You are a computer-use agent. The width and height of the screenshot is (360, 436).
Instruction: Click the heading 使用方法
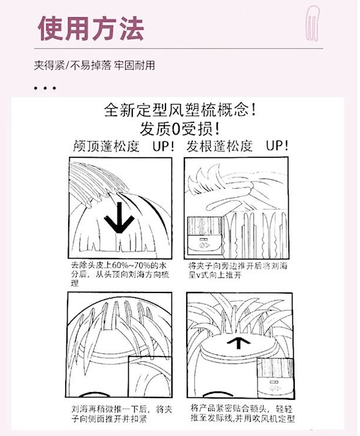(x=91, y=28)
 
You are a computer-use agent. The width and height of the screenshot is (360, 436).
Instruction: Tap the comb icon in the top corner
(x=313, y=24)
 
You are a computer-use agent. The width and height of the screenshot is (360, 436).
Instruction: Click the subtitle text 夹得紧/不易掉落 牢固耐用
(x=94, y=66)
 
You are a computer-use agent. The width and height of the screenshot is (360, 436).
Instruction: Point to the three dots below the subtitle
(x=44, y=88)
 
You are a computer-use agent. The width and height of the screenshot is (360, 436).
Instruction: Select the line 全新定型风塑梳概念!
(x=180, y=110)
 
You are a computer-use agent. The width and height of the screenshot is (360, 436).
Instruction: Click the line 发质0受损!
(x=180, y=128)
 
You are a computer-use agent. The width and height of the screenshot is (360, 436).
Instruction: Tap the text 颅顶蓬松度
(x=106, y=146)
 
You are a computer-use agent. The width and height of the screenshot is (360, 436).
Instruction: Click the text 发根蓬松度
(x=219, y=146)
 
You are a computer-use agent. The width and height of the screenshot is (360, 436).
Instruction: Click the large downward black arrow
(x=119, y=218)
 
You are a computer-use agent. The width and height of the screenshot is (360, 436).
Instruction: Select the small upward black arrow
(x=238, y=343)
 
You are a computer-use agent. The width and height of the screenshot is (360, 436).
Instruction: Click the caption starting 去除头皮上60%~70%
(x=120, y=273)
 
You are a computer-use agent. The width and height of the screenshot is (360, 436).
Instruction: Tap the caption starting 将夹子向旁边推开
(x=238, y=270)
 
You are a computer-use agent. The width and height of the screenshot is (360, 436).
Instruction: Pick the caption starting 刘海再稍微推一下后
(x=122, y=414)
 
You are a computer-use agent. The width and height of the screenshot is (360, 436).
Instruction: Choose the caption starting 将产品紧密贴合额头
(x=243, y=413)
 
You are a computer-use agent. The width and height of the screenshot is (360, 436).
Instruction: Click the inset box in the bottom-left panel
(x=150, y=377)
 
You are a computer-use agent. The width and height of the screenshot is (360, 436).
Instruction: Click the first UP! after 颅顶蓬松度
(x=164, y=146)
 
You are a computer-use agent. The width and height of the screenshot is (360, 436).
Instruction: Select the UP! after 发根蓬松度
(x=277, y=146)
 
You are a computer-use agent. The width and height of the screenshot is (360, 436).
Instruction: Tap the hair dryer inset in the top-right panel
(x=205, y=236)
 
